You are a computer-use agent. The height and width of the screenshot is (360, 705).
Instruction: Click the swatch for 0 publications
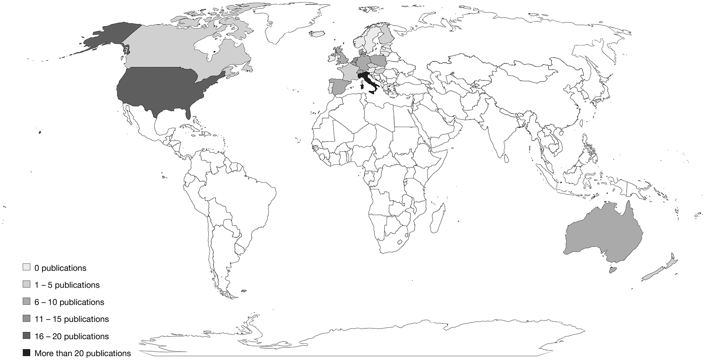tap(26, 267)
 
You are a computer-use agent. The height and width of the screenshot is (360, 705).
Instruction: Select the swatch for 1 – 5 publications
tap(26, 284)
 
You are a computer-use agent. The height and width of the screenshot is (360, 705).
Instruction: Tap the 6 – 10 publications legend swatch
tap(26, 302)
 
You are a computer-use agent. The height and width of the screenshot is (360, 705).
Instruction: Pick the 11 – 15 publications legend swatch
tap(26, 319)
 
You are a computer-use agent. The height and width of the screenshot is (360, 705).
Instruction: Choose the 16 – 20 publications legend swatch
tap(26, 336)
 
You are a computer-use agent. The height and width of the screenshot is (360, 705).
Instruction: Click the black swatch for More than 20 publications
tap(26, 353)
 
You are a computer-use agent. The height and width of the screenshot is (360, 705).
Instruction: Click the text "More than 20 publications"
tap(83, 353)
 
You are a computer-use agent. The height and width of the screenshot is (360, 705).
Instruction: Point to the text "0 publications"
tap(60, 268)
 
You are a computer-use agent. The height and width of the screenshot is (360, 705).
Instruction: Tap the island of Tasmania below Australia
tap(613, 270)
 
